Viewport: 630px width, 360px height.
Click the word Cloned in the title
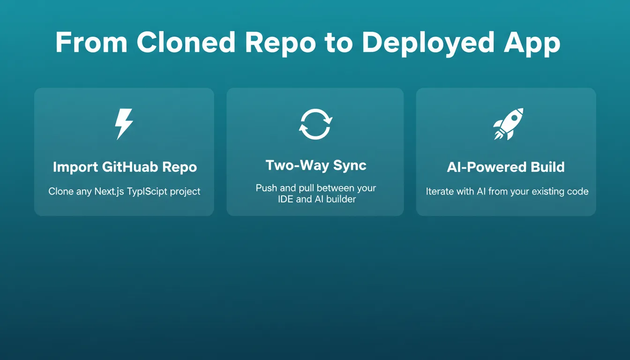point(186,42)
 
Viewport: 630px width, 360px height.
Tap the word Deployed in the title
point(428,44)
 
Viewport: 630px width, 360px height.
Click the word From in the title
point(91,42)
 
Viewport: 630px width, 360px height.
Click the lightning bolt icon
point(124,124)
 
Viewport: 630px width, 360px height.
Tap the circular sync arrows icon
point(315,124)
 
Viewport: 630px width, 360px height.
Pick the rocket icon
point(509,124)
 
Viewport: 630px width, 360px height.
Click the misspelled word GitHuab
point(130,167)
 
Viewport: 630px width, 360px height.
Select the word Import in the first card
point(75,167)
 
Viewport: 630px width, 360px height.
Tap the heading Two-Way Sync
point(316,165)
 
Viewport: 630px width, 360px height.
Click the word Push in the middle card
point(266,188)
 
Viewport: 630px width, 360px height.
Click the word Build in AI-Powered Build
point(547,167)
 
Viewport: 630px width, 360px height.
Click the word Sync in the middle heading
point(350,165)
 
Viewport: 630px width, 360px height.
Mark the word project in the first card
point(185,192)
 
